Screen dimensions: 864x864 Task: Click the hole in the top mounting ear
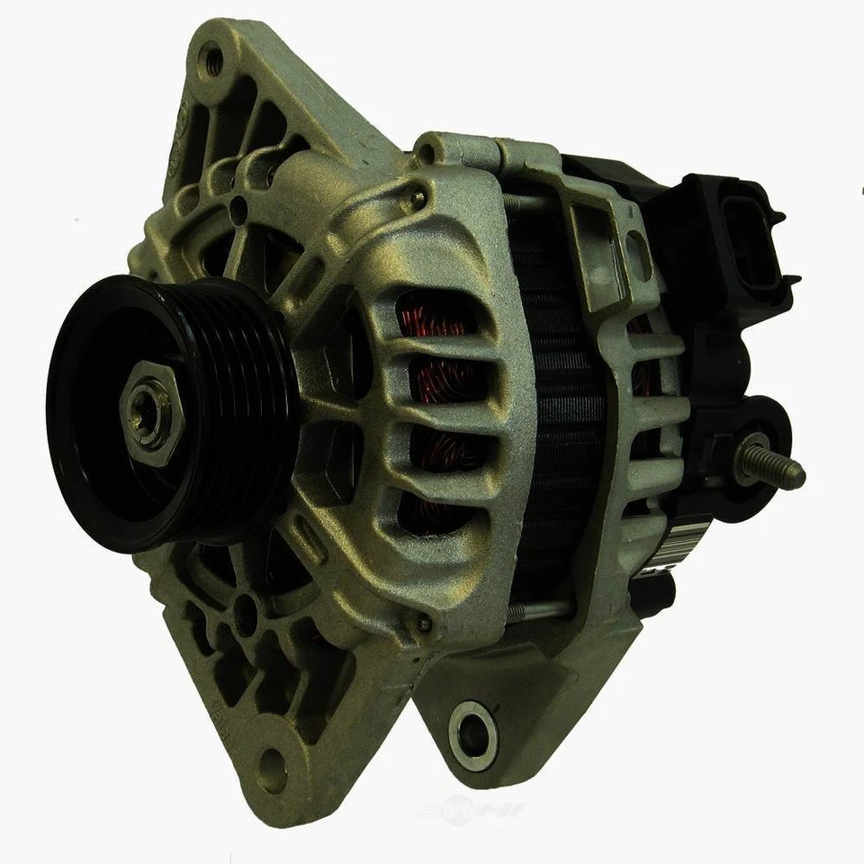[x=213, y=61]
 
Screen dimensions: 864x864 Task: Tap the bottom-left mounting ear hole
[x=271, y=770]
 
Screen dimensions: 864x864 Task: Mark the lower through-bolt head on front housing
[x=423, y=623]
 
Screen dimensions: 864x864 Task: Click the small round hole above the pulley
[x=238, y=212]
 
